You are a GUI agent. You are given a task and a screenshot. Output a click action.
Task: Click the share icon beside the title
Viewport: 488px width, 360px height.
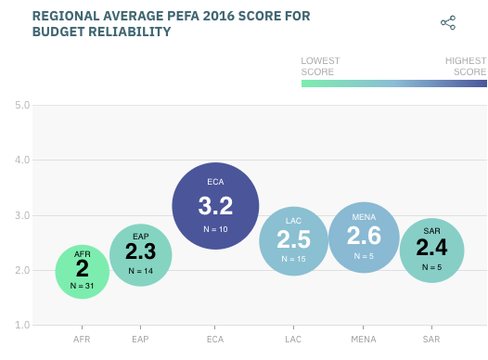(x=448, y=22)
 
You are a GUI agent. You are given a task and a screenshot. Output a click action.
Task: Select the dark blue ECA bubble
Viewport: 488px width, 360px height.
(x=215, y=205)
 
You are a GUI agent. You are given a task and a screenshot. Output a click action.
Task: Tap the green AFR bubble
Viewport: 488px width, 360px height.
(x=82, y=271)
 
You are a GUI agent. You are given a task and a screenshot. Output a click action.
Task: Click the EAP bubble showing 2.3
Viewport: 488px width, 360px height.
(x=140, y=253)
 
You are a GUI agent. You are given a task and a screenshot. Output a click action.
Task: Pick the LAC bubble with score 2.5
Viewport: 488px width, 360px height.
(x=293, y=240)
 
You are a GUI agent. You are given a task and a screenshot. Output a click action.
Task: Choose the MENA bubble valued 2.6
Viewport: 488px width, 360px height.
(x=364, y=237)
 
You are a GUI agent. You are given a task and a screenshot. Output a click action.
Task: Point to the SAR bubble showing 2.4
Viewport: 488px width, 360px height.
(x=431, y=250)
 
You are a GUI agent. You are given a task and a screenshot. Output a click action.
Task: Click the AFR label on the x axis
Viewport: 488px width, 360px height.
(x=82, y=340)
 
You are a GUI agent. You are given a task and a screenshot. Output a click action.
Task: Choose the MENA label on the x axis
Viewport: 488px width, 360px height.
(x=364, y=340)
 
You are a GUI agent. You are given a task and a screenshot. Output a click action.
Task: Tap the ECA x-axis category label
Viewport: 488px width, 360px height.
(x=215, y=340)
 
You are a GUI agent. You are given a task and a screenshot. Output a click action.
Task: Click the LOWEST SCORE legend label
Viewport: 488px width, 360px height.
(x=320, y=66)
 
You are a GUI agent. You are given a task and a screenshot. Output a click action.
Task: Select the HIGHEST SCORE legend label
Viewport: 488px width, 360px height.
(x=466, y=66)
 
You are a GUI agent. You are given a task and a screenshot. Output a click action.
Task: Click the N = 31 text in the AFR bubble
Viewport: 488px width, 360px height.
(x=82, y=286)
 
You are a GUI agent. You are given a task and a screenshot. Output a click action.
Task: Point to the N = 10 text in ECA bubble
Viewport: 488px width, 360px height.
(x=215, y=228)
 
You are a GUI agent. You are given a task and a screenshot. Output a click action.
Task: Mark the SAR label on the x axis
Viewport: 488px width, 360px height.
(x=431, y=340)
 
